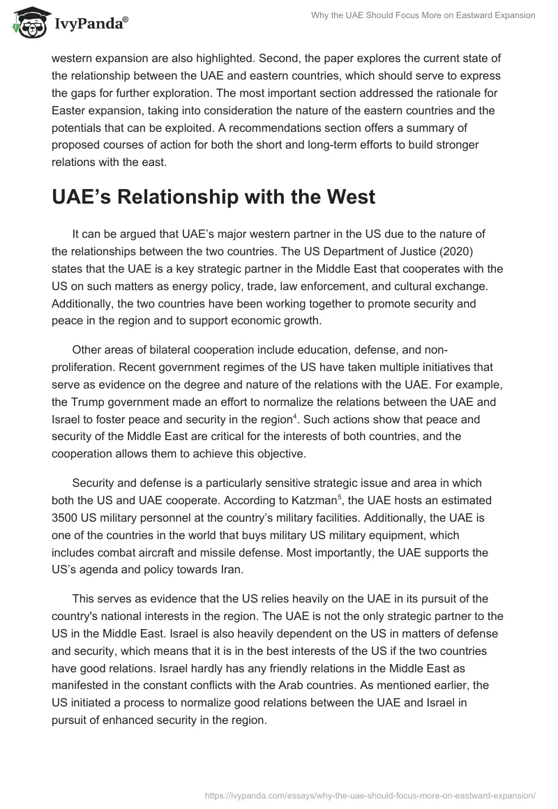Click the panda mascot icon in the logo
click(28, 22)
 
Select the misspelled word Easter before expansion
click(68, 111)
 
